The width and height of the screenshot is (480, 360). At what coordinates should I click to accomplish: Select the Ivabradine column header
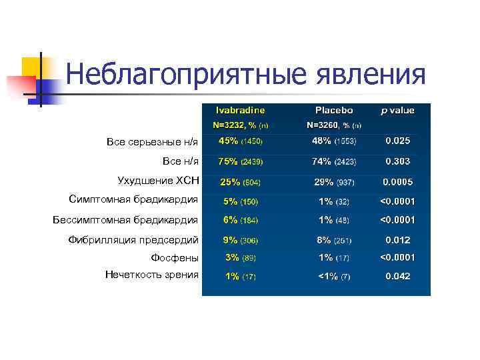(240, 110)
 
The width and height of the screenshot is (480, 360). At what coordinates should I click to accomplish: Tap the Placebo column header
(334, 110)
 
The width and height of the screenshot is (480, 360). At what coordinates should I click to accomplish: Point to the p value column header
(397, 110)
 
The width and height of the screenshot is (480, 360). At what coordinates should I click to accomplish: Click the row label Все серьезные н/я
(152, 142)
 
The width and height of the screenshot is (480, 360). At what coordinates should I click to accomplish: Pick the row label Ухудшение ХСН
(158, 180)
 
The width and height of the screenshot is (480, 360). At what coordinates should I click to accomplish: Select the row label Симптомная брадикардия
(133, 199)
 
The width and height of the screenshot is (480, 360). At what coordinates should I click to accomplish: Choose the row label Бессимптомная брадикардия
(125, 219)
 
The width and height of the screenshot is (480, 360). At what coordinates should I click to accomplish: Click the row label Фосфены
(175, 257)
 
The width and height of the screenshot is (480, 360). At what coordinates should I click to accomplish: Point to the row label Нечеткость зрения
(151, 274)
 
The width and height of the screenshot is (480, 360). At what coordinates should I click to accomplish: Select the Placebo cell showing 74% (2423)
(333, 161)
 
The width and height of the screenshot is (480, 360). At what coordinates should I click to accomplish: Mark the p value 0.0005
(397, 182)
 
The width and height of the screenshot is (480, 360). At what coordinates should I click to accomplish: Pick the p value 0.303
(397, 161)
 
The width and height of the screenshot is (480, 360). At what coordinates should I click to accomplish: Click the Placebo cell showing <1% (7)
(333, 276)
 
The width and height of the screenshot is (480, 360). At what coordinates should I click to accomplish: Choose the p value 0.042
(397, 276)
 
